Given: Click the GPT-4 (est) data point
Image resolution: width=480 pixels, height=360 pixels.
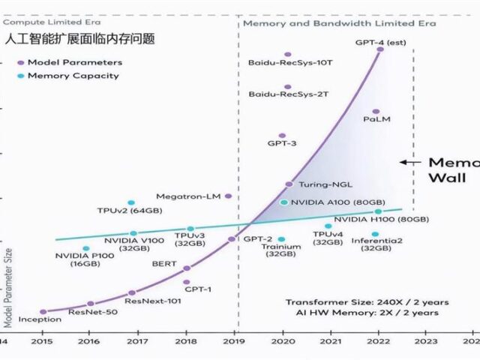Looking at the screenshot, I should (x=380, y=49).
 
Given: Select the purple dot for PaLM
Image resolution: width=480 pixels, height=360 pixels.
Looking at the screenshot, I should (x=376, y=112).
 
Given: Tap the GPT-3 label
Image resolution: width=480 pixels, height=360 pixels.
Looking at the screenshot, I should (x=282, y=142).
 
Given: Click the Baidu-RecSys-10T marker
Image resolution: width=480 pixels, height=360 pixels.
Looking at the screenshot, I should (x=287, y=55).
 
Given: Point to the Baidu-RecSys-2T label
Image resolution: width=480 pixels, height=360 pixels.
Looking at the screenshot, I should (x=280, y=95).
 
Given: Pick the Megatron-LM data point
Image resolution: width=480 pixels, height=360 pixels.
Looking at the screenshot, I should (x=228, y=196).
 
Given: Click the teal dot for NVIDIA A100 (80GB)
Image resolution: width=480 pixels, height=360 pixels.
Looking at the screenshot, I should (x=283, y=202).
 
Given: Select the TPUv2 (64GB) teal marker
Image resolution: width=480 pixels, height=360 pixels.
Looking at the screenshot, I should (x=131, y=202).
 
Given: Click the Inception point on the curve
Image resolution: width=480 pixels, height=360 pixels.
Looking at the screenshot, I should (x=43, y=311).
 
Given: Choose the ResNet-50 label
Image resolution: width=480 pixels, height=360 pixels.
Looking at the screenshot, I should (x=93, y=311).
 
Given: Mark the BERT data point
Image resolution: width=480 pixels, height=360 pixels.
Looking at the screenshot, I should (x=187, y=268).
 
